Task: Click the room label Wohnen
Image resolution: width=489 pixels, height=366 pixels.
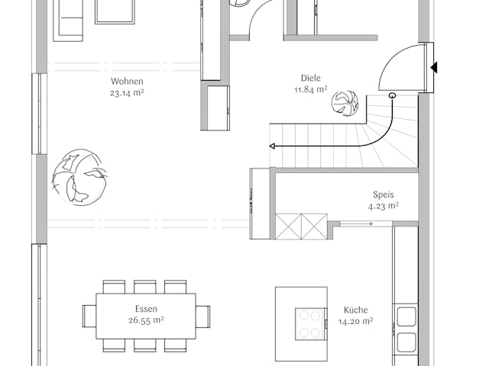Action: tap(127, 82)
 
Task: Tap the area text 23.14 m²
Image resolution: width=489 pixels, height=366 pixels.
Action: tap(127, 93)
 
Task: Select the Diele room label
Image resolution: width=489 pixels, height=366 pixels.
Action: tap(310, 78)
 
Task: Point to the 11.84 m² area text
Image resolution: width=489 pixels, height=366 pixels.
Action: tap(310, 89)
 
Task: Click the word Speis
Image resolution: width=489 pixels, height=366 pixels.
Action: tap(383, 194)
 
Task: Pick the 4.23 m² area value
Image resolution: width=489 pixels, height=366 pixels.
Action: tap(383, 206)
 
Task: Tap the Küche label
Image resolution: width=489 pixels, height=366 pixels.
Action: tap(355, 310)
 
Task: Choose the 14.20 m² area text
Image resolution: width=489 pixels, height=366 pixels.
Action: tap(355, 322)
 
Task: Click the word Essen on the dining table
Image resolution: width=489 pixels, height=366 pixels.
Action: tap(145, 310)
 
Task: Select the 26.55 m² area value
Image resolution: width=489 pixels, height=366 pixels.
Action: tap(145, 321)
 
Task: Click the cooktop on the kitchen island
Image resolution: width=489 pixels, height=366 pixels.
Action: tap(309, 323)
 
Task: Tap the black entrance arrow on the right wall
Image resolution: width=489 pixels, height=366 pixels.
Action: tap(434, 68)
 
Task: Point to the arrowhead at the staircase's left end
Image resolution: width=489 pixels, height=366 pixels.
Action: tap(273, 145)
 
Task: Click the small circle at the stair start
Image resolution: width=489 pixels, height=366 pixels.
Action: tap(392, 95)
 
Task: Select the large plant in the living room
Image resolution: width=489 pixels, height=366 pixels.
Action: tap(78, 178)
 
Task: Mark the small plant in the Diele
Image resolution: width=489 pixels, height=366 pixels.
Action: tap(345, 102)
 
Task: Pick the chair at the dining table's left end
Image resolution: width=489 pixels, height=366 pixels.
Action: tap(89, 316)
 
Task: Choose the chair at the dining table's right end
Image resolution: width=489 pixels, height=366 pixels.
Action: tap(202, 316)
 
